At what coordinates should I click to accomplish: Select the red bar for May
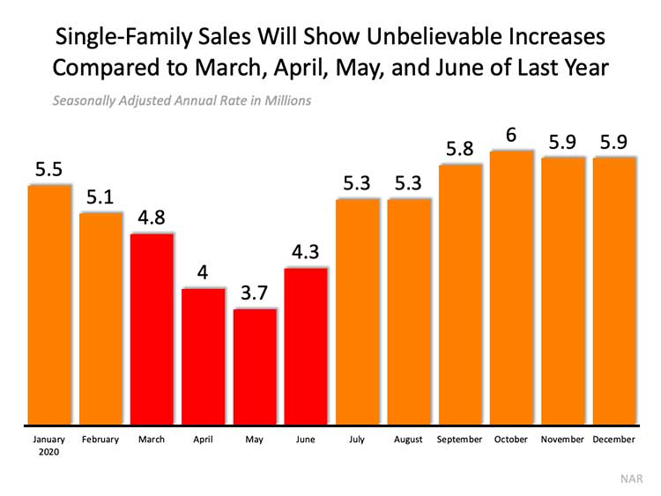(255, 366)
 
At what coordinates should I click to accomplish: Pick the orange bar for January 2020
(49, 304)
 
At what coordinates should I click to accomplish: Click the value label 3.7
(255, 292)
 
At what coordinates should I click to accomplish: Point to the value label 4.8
(152, 217)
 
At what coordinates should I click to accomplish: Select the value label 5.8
(459, 149)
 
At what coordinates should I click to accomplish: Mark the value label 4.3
(306, 252)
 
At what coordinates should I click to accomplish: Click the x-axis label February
(100, 439)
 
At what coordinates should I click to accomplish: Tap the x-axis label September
(459, 439)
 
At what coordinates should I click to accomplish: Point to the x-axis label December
(613, 439)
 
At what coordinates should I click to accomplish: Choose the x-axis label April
(204, 439)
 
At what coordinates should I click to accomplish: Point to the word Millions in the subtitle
(284, 100)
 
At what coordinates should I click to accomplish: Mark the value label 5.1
(100, 196)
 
